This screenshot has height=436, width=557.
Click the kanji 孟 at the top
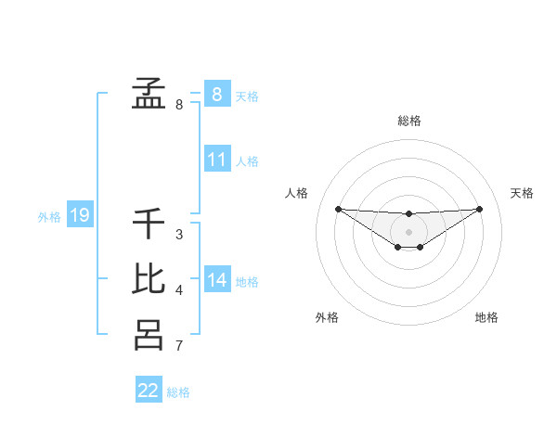tap(149, 93)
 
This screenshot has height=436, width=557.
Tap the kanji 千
tap(149, 224)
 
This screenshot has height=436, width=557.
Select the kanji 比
tap(149, 279)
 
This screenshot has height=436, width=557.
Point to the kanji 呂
tap(149, 334)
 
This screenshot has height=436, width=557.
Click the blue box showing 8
tap(216, 94)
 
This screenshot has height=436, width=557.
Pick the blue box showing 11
tap(216, 160)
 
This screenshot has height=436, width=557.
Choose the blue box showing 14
tap(216, 280)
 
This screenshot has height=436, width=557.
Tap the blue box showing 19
tap(79, 216)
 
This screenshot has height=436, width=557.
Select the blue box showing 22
tap(149, 391)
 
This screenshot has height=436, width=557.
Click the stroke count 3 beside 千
tap(178, 234)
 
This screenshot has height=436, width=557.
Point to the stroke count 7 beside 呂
tap(178, 346)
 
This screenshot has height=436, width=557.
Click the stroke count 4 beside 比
tap(178, 290)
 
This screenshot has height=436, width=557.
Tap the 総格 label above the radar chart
tap(408, 121)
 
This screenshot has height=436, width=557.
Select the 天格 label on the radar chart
tap(523, 193)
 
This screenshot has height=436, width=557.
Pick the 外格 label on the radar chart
tap(327, 317)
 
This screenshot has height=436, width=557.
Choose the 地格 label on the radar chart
tap(486, 317)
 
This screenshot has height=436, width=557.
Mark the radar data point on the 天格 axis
tap(480, 209)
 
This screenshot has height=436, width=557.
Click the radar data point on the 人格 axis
tap(338, 209)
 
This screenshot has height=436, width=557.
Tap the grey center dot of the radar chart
tap(408, 231)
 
